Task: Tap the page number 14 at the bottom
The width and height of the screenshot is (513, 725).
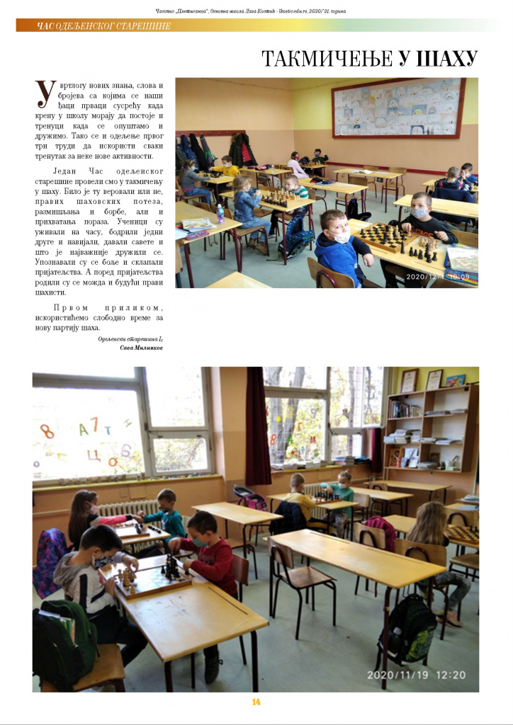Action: point(256,702)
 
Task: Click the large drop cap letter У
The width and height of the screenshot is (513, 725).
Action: point(45,95)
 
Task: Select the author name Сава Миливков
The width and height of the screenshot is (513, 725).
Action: point(141,348)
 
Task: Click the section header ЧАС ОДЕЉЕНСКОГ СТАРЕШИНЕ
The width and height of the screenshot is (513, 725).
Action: point(103,26)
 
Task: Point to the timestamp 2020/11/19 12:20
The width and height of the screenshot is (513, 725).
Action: point(416,675)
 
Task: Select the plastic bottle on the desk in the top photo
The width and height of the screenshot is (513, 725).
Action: point(220,213)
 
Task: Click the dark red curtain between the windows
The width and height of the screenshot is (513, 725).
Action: point(257,426)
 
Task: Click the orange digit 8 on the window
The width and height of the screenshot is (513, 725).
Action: point(48,430)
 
